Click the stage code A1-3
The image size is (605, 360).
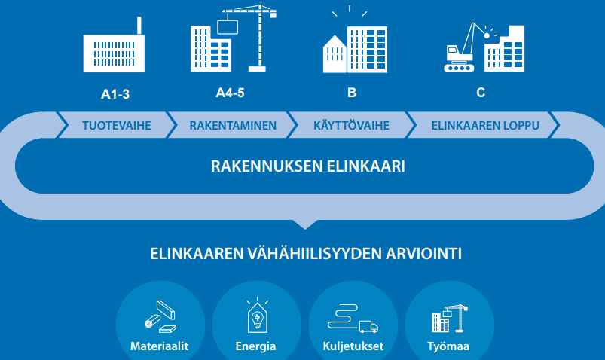pos(115,93)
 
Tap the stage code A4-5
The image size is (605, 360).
pos(230,93)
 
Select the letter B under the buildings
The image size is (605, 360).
pos(352,93)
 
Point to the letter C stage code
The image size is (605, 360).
pos(481,93)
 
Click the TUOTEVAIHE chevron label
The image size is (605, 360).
pos(117,126)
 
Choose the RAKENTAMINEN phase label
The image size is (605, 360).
pos(233,126)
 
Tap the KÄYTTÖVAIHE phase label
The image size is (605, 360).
pos(352,125)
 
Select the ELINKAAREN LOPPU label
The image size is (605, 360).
pos(485,126)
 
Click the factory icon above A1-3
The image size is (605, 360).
pos(114,44)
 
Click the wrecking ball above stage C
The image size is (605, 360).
pos(487,35)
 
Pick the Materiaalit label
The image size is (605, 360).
pos(160,346)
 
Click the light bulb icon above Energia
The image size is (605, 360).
pos(258,319)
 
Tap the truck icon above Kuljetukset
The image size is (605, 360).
pos(368,326)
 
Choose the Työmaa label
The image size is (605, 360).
pos(448,346)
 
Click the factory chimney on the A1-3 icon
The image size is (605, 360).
pos(139,26)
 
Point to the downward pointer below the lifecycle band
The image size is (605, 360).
pos(305,224)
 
